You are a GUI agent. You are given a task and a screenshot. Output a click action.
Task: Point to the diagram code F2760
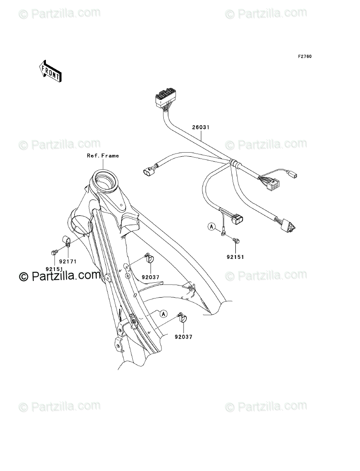click(x=305, y=57)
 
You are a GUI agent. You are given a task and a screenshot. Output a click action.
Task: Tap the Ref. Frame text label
click(x=103, y=156)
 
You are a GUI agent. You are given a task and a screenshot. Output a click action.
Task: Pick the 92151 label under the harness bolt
click(x=235, y=258)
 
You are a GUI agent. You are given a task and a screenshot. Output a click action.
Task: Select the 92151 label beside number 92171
click(x=54, y=269)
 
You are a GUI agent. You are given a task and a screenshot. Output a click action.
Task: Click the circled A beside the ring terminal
click(x=211, y=227)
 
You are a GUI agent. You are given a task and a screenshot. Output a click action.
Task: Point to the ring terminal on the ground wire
click(x=224, y=233)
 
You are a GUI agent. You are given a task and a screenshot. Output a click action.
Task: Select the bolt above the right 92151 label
click(x=235, y=242)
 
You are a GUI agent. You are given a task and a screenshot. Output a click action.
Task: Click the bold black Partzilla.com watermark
click(x=60, y=276)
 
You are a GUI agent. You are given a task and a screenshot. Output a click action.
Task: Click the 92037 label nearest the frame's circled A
click(x=184, y=336)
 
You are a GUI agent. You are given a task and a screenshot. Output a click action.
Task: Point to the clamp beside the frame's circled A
click(x=184, y=319)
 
